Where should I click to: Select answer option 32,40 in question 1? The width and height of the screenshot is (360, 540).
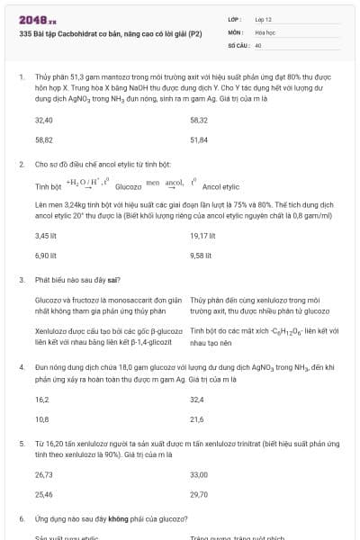(x=43, y=120)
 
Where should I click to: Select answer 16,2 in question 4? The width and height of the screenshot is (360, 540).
(x=41, y=399)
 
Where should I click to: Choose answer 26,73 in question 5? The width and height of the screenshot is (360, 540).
(x=43, y=474)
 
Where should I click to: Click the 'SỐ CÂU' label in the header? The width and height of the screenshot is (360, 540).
(x=238, y=43)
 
